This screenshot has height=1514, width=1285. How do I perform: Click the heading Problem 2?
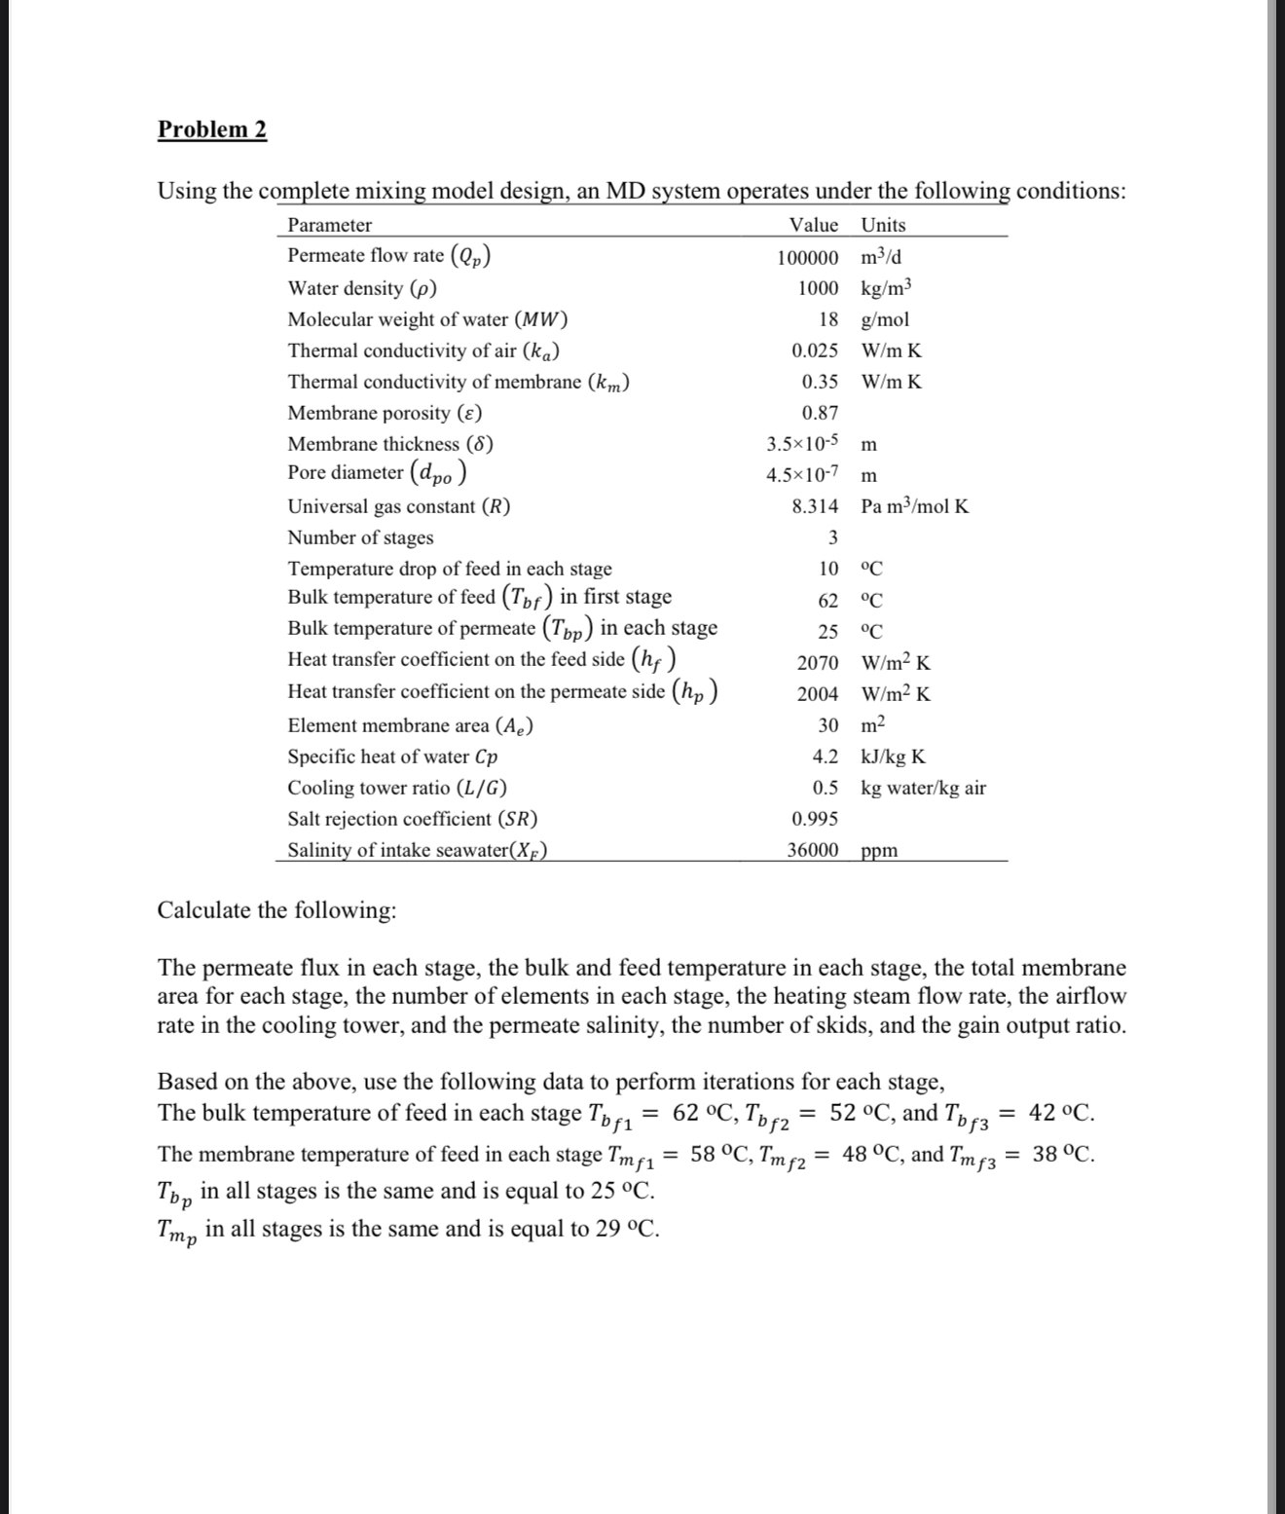tap(212, 129)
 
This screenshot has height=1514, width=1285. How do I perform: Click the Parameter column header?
tap(329, 225)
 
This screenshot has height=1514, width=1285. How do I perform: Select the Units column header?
tap(883, 225)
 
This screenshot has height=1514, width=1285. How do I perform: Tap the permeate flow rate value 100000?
tap(807, 258)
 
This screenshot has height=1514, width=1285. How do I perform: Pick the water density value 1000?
tap(818, 288)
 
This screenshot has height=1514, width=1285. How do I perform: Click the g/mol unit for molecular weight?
tap(885, 319)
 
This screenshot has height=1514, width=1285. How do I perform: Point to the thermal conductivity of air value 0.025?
tap(814, 351)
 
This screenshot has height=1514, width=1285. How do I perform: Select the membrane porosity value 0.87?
tap(820, 413)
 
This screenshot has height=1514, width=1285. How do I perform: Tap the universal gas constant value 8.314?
tap(814, 506)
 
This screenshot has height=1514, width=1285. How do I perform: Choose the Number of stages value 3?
tap(832, 537)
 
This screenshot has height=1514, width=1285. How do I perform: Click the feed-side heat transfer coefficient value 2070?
tap(817, 663)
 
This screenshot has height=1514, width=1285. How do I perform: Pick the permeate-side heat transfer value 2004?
tap(817, 694)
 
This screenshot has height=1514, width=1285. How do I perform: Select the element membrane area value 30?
tap(827, 725)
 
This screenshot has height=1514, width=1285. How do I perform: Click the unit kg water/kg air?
tap(923, 788)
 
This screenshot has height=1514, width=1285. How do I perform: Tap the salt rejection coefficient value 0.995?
tap(814, 819)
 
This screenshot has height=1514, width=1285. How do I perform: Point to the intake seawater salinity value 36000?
tap(812, 850)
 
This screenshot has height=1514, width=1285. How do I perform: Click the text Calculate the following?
tap(276, 910)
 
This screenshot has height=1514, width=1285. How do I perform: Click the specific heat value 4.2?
tap(825, 757)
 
